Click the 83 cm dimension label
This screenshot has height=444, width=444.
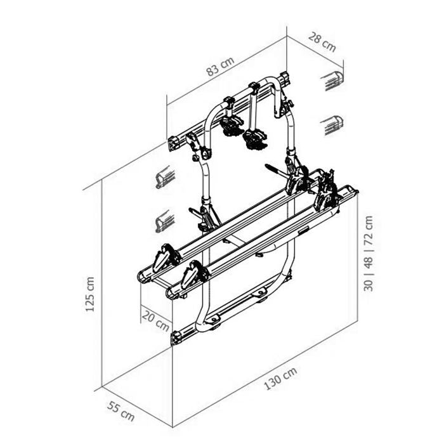click(x=220, y=67)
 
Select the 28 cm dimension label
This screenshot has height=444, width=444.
click(x=322, y=42)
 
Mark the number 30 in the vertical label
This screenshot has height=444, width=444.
click(x=369, y=280)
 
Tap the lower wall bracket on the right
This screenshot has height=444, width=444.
click(x=332, y=124)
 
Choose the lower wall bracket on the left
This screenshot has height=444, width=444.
click(x=164, y=222)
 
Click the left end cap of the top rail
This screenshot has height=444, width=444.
click(x=173, y=142)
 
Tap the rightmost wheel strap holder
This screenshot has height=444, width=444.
click(x=327, y=189)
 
